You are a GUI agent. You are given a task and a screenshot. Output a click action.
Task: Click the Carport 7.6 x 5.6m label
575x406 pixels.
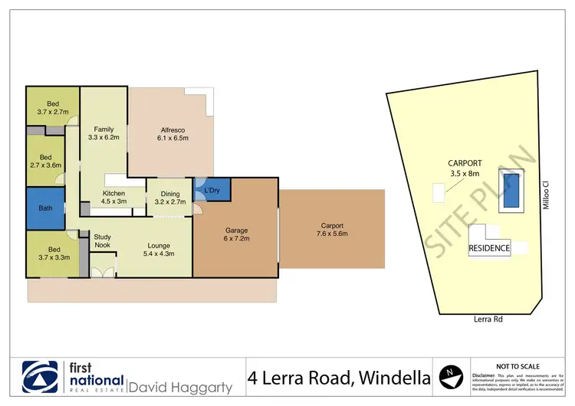click(331, 228)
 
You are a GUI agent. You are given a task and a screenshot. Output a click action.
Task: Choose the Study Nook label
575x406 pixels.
click(103, 241)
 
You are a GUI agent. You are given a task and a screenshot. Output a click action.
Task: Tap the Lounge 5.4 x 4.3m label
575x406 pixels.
click(159, 250)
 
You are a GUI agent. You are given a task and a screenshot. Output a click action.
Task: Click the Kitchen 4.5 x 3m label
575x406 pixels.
click(114, 198)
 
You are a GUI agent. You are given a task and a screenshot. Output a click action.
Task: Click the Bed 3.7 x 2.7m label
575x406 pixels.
click(53, 108)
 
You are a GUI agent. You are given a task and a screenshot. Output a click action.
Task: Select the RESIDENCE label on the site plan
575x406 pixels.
click(489, 249)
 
